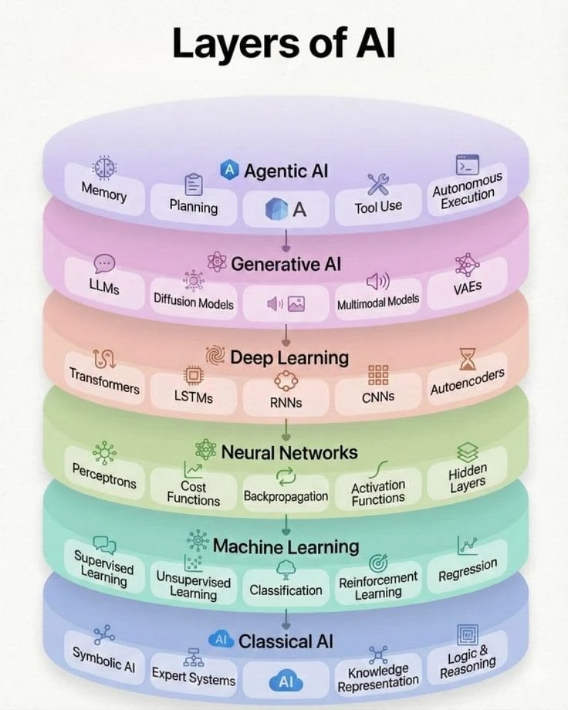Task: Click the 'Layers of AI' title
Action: click(283, 43)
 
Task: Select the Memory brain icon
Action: click(104, 167)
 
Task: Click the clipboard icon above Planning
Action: click(194, 184)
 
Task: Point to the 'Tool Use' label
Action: click(378, 207)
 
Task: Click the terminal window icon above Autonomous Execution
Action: click(467, 164)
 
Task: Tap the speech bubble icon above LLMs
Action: click(104, 263)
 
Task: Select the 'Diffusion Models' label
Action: click(194, 302)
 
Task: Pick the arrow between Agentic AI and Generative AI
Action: click(286, 241)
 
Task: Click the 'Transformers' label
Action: click(104, 380)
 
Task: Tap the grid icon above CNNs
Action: click(378, 375)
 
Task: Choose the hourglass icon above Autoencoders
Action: click(468, 359)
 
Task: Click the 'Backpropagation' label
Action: click(286, 496)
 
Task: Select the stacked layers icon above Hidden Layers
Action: click(468, 451)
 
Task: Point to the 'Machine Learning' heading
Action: click(286, 546)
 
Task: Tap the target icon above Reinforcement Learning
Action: click(378, 563)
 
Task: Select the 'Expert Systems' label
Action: click(194, 677)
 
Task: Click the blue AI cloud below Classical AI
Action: click(286, 681)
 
